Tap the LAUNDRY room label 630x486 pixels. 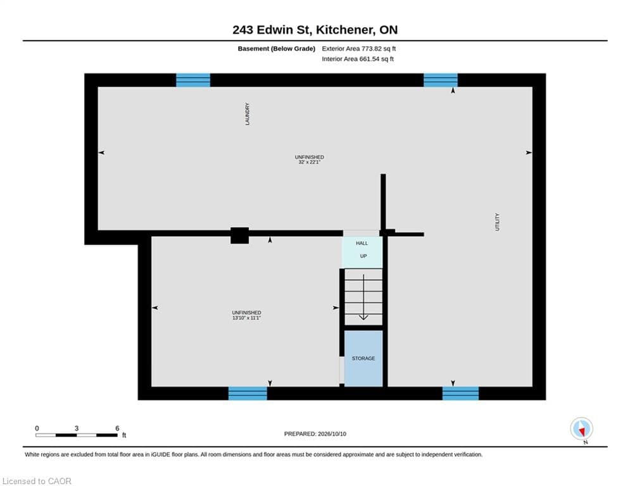click(x=247, y=114)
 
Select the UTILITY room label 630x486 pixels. click(x=497, y=221)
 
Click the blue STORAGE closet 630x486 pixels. click(x=363, y=358)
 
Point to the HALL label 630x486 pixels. click(x=362, y=243)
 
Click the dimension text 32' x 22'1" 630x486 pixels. click(x=309, y=162)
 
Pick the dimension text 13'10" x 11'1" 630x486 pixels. click(x=246, y=318)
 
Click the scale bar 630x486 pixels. click(x=77, y=435)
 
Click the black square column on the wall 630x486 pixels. click(x=239, y=235)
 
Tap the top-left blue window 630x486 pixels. click(x=193, y=80)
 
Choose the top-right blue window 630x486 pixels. click(x=440, y=80)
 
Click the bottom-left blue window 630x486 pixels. click(x=248, y=393)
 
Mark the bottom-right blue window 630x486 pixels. click(x=460, y=393)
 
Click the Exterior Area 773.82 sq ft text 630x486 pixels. click(x=359, y=49)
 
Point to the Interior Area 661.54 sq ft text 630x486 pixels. click(x=358, y=59)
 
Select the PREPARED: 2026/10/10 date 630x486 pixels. click(x=315, y=433)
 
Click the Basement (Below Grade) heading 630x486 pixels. click(x=277, y=49)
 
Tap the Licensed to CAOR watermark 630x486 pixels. click(x=37, y=481)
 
